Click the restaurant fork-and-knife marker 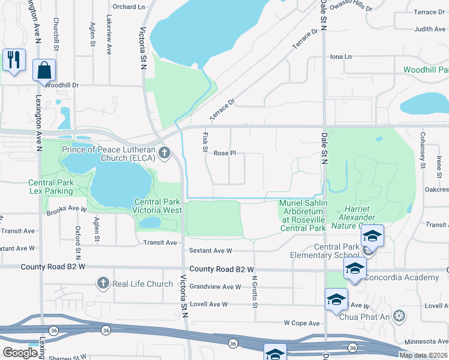pyautogui.click(x=13, y=59)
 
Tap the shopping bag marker pyautogui.click(x=44, y=70)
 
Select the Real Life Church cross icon pyautogui.click(x=103, y=283)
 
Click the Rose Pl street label pyautogui.click(x=224, y=153)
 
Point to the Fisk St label pyautogui.click(x=204, y=142)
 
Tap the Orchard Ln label pyautogui.click(x=129, y=7)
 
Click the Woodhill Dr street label pyautogui.click(x=62, y=85)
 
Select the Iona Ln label pyautogui.click(x=340, y=56)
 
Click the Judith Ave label pyautogui.click(x=430, y=29)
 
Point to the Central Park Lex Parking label pyautogui.click(x=51, y=187)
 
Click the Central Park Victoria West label pyautogui.click(x=158, y=206)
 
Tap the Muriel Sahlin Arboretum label pyautogui.click(x=303, y=215)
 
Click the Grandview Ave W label pyautogui.click(x=215, y=287)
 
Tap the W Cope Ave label pyautogui.click(x=302, y=323)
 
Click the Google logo pyautogui.click(x=20, y=352)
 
